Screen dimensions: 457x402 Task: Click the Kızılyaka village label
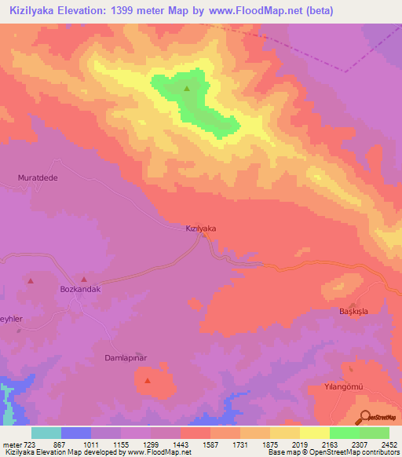click(200, 228)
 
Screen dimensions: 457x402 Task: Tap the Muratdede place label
click(38, 178)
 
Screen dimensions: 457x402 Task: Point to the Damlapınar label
click(126, 358)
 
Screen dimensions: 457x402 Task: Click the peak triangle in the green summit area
click(187, 89)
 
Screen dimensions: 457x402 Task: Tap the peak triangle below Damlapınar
click(147, 381)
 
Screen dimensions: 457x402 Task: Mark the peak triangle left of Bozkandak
click(31, 280)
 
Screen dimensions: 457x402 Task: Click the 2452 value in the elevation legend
click(389, 444)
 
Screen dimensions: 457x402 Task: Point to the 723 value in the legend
click(30, 444)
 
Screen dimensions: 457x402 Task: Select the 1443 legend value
click(181, 444)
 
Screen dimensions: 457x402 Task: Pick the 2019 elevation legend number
click(300, 444)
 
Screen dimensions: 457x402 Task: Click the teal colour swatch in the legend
click(46, 433)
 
